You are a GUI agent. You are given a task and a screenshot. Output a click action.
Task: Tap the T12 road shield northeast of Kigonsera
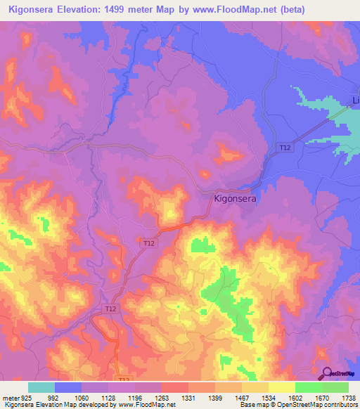[x=285, y=148]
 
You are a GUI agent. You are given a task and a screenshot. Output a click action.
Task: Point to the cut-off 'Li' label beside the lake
[x=355, y=100]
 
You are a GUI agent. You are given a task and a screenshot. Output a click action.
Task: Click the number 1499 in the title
[x=136, y=10]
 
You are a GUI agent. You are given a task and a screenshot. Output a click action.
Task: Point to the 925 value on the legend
[x=26, y=398]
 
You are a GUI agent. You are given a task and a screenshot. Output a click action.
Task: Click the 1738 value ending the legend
[x=347, y=398]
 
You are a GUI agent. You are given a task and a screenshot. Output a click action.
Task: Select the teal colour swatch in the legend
[x=41, y=387]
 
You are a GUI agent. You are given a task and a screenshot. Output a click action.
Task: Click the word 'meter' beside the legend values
[x=9, y=398]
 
